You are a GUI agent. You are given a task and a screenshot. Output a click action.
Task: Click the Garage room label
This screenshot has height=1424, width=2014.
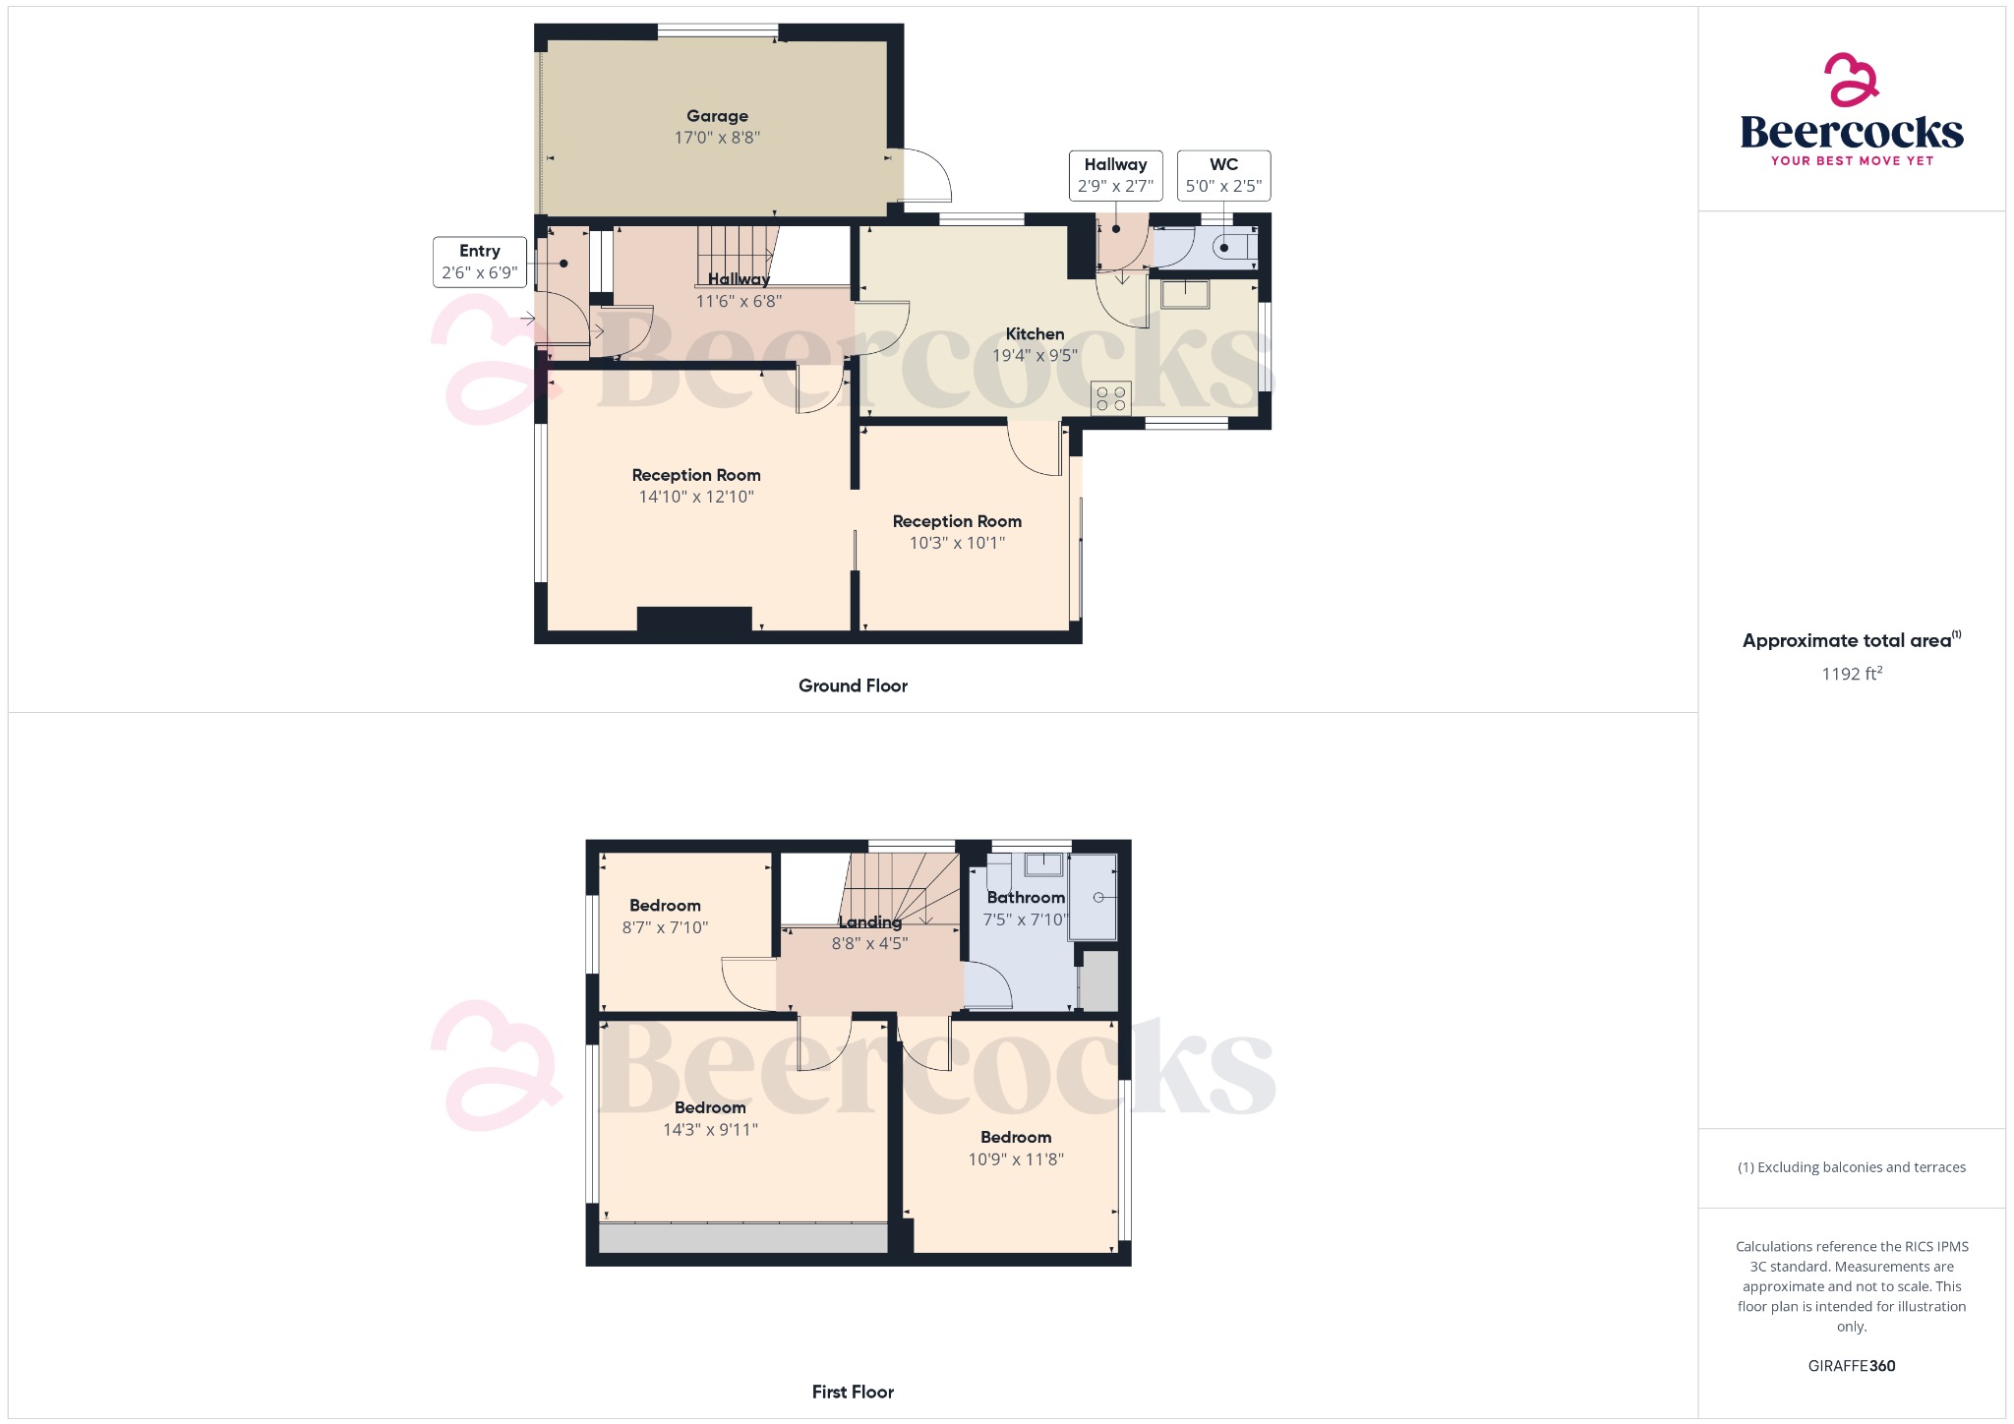click(x=717, y=116)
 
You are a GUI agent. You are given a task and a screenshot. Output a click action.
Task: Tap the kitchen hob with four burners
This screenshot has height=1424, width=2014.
click(x=1110, y=398)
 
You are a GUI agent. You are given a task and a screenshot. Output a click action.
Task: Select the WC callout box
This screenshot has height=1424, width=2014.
click(x=1223, y=176)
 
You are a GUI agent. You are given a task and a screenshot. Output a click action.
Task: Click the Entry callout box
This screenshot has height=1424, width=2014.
click(x=479, y=262)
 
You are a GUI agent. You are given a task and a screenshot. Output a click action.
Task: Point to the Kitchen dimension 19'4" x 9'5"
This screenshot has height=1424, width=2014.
click(x=1035, y=356)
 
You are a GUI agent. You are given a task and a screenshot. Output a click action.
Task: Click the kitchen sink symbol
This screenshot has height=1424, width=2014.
click(x=1185, y=294)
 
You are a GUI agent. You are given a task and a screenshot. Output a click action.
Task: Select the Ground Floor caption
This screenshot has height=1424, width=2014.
click(x=853, y=685)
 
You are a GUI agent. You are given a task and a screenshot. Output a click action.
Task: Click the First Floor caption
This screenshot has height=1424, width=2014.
click(x=853, y=1392)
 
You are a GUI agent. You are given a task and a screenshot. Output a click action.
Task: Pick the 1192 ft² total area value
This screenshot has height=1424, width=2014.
click(x=1851, y=674)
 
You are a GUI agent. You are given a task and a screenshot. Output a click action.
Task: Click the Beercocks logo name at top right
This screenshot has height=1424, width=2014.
click(x=1851, y=132)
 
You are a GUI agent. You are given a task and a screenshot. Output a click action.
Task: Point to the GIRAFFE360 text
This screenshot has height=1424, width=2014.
click(x=1851, y=1366)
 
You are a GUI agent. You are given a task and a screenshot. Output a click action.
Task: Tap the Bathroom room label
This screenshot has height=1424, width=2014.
click(x=1025, y=897)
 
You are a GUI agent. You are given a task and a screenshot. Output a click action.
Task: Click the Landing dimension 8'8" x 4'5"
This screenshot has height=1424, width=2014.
click(x=869, y=944)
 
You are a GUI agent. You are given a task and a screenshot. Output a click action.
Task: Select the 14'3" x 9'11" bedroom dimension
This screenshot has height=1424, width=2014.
click(x=710, y=1130)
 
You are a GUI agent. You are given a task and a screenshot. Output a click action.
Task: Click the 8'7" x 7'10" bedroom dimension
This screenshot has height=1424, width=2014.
click(x=665, y=927)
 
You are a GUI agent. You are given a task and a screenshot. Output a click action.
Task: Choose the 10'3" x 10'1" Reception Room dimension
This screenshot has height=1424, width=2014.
click(x=957, y=543)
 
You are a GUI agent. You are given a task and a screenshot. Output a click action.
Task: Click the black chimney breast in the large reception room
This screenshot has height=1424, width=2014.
click(x=694, y=620)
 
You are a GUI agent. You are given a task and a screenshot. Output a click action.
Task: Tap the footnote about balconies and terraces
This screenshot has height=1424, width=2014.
click(x=1851, y=1167)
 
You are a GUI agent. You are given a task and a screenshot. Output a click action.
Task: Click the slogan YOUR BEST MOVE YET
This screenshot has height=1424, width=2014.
click(x=1852, y=160)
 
